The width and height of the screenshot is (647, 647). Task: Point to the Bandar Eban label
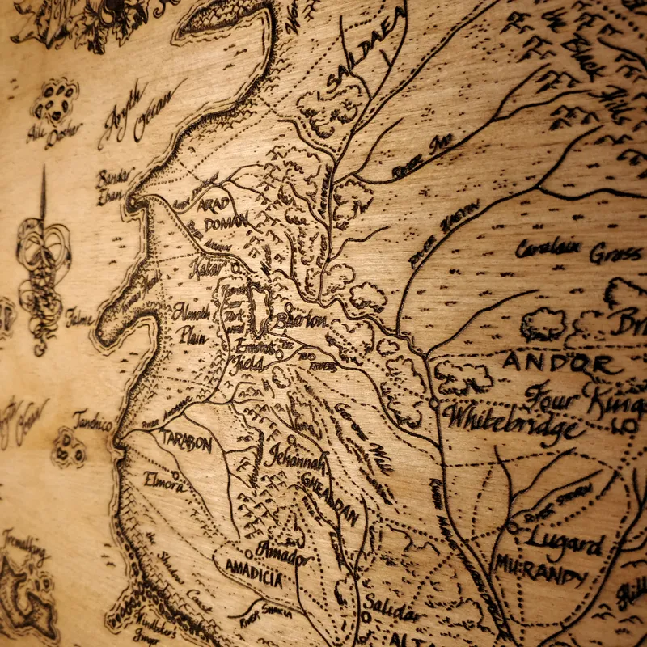coord(113,185)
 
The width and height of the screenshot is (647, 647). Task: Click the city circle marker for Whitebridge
coord(434,401)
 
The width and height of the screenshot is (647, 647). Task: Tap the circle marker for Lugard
coord(512,526)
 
